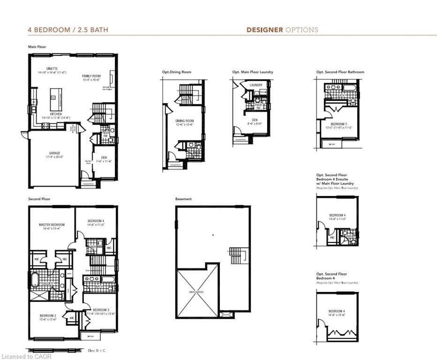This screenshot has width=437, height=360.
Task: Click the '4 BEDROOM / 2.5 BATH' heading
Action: (68, 30)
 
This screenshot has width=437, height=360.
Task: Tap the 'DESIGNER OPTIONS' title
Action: (282, 30)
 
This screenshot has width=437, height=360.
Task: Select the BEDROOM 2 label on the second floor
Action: (48, 317)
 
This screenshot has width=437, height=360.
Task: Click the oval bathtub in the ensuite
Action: (34, 281)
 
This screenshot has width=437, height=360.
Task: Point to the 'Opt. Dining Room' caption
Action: (177, 72)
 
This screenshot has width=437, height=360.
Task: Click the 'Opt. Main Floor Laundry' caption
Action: (252, 72)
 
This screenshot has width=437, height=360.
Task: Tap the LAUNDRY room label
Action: (256, 85)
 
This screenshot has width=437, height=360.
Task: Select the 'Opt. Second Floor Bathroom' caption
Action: (340, 72)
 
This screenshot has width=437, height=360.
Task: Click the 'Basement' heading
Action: (183, 199)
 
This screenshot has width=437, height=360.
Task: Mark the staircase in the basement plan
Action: (235, 255)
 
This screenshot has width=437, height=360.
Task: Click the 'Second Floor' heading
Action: (39, 199)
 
